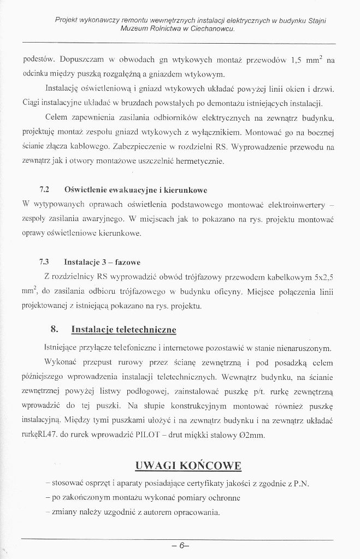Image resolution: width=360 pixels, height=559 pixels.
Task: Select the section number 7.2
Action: point(45,189)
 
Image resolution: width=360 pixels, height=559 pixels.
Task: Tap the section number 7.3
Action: point(45,260)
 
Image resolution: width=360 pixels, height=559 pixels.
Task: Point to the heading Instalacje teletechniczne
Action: point(123,330)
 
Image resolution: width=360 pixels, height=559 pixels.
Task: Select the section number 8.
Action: point(54,330)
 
